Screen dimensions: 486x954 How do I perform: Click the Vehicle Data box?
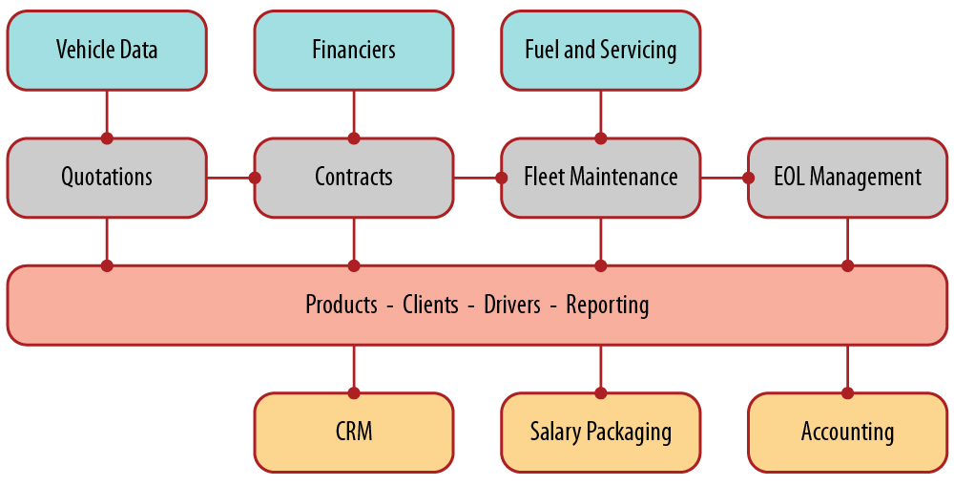pyautogui.click(x=107, y=50)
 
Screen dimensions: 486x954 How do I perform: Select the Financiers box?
pyautogui.click(x=354, y=50)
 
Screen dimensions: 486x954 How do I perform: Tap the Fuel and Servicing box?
pyautogui.click(x=601, y=50)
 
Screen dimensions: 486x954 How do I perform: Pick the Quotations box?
pyautogui.click(x=107, y=177)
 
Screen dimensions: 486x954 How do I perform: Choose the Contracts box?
pyautogui.click(x=354, y=177)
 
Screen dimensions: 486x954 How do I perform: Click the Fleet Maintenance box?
pyautogui.click(x=601, y=177)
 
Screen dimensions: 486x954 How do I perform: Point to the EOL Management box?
pyautogui.click(x=847, y=177)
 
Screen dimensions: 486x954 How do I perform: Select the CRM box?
pyautogui.click(x=354, y=432)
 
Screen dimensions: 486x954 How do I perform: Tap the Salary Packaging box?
pyautogui.click(x=601, y=432)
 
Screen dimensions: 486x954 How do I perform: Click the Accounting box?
pyautogui.click(x=847, y=432)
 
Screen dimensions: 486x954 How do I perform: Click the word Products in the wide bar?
pyautogui.click(x=342, y=305)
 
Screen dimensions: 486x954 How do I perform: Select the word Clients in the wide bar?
pyautogui.click(x=433, y=305)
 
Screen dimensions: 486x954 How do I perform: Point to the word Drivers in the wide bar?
pyautogui.click(x=512, y=305)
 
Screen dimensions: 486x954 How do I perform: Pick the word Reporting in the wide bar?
pyautogui.click(x=608, y=305)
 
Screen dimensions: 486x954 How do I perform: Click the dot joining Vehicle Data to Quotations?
pyautogui.click(x=107, y=138)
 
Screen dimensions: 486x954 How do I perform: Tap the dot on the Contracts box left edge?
pyautogui.click(x=255, y=177)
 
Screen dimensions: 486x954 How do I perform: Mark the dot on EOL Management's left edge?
pyautogui.click(x=748, y=177)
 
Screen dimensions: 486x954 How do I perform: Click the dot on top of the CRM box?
pyautogui.click(x=354, y=392)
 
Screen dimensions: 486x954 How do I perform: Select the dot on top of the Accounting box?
pyautogui.click(x=847, y=392)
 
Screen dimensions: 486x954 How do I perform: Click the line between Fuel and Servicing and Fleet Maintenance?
pyautogui.click(x=601, y=113)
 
